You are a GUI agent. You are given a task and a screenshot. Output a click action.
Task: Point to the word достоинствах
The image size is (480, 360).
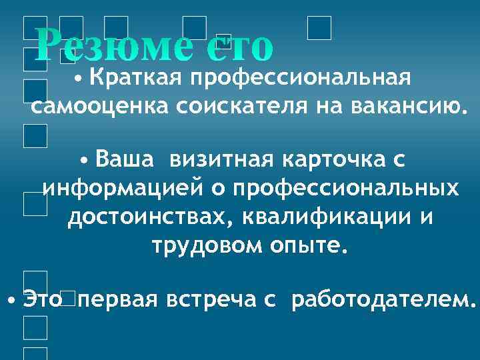pyautogui.click(x=147, y=217)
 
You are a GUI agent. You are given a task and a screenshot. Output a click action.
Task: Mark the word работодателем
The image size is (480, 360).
pyautogui.click(x=381, y=299)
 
